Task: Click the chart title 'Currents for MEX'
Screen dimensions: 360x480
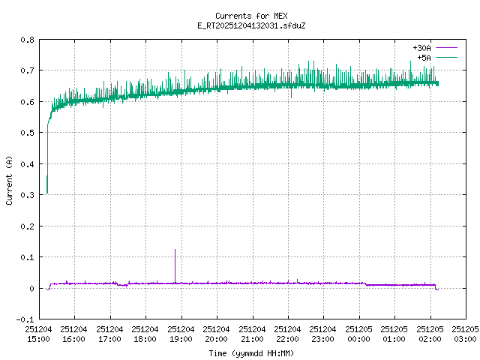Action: (x=241, y=16)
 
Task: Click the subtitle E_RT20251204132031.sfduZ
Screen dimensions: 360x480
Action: (x=241, y=25)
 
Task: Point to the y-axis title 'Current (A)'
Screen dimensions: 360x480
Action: (x=9, y=179)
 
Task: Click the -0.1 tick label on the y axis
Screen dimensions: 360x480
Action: (x=24, y=319)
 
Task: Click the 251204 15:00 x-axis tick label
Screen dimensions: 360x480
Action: (x=38, y=334)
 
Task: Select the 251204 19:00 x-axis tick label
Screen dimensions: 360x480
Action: (x=181, y=334)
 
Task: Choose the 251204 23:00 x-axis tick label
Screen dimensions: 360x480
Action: (x=323, y=334)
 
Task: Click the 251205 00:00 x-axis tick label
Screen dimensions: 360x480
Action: (x=359, y=334)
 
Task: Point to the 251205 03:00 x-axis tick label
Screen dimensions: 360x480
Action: (x=466, y=334)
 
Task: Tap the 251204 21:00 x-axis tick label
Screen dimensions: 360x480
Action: (x=252, y=334)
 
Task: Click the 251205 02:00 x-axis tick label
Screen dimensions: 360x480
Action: (x=430, y=334)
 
